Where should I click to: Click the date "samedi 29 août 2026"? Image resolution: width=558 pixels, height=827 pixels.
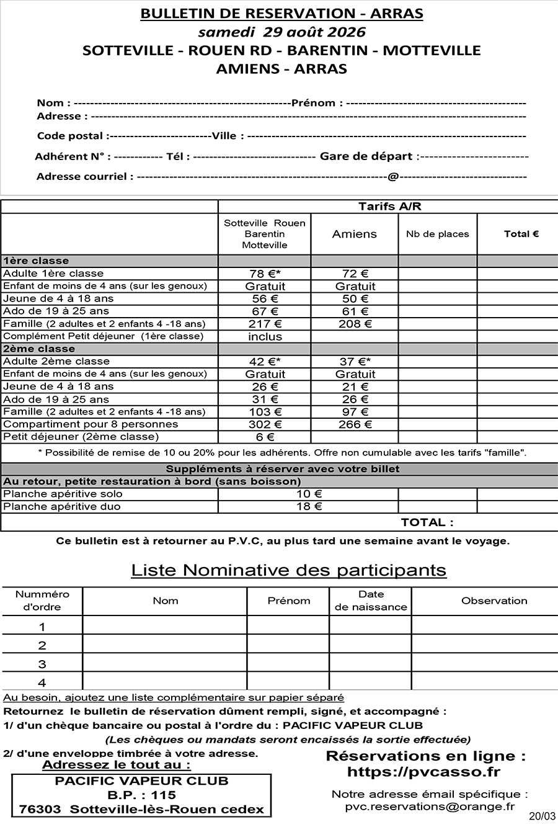tap(281, 32)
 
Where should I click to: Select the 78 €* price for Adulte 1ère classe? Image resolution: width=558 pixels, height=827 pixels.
tap(265, 274)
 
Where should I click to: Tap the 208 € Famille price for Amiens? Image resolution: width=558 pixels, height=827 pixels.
tap(355, 324)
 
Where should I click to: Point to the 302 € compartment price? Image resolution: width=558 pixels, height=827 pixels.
tap(265, 424)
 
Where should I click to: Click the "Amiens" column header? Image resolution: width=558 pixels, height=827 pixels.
tap(355, 234)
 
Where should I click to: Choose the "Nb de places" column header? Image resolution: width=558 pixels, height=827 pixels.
tap(437, 234)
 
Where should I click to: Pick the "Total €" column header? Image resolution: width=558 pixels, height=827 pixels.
tap(521, 234)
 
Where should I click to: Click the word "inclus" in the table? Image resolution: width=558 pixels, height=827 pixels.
tap(265, 337)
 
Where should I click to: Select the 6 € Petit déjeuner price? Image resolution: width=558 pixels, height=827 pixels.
tap(265, 437)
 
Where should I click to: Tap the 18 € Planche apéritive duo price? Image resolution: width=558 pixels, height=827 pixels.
tap(309, 507)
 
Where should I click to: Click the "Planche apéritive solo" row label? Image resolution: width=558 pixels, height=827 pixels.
tap(63, 494)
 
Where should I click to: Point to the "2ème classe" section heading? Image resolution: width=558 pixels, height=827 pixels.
tap(39, 349)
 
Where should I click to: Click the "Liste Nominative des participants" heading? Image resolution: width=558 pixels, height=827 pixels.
tap(288, 570)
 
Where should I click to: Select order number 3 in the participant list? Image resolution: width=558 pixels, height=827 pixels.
tap(42, 664)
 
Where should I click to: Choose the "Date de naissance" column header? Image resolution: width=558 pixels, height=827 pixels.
tap(371, 601)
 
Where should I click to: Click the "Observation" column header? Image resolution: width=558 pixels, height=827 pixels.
tap(494, 601)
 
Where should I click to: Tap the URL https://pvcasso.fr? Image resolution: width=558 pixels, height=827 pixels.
tap(423, 772)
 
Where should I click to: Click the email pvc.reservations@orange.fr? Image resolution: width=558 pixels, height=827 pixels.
tap(430, 807)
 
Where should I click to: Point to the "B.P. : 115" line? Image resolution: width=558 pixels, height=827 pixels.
tap(141, 795)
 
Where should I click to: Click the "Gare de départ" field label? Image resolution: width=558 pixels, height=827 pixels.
tap(366, 156)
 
